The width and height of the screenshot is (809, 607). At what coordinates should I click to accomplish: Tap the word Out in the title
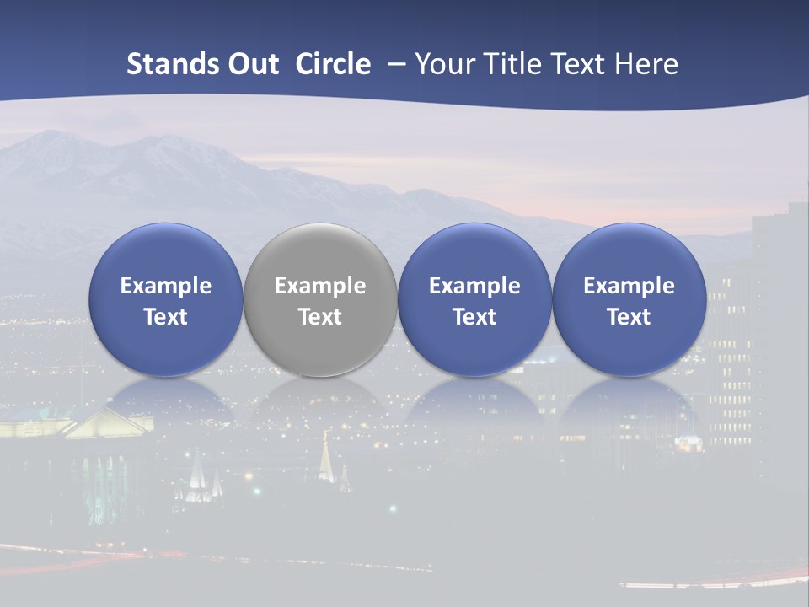coord(252,64)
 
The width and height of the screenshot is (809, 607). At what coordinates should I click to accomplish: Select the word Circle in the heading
coord(333,64)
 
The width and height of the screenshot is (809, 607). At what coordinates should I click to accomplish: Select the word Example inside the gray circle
coord(320,286)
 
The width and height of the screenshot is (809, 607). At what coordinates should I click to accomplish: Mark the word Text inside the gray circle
coord(320,317)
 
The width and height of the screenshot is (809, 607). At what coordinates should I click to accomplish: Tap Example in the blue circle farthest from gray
coord(630,286)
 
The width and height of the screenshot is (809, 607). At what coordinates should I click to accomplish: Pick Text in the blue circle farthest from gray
coord(630,317)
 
